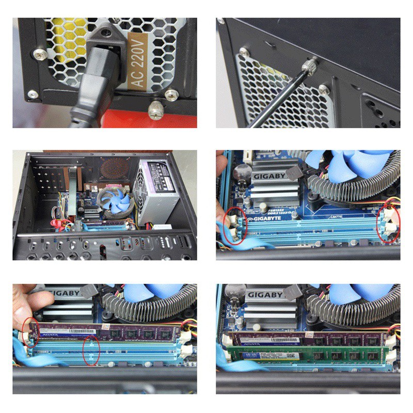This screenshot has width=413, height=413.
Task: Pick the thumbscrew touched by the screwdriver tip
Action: point(311,66)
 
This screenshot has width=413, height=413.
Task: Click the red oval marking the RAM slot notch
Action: point(91,350)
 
